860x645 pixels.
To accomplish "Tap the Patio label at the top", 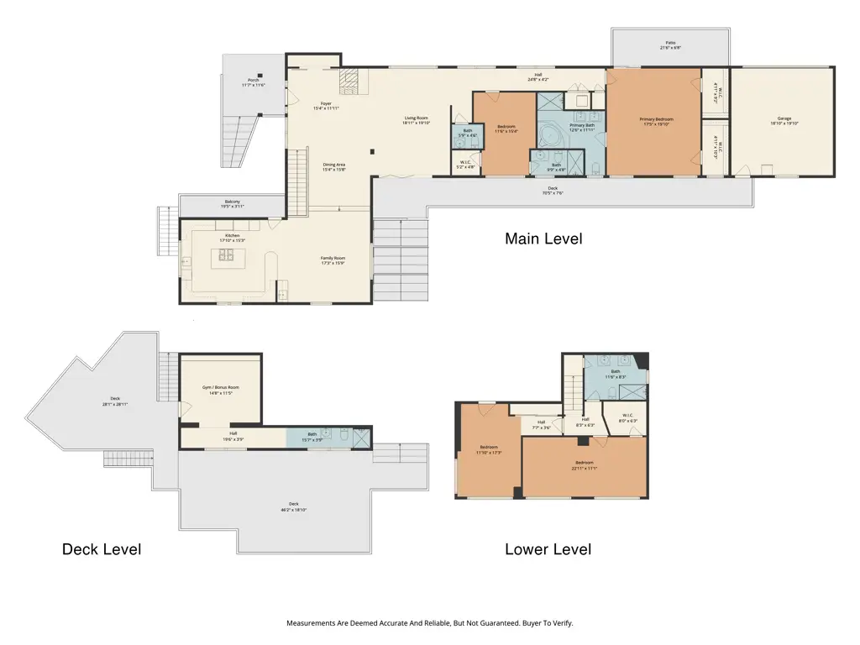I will (670, 45).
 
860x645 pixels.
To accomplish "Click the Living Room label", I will (416, 120).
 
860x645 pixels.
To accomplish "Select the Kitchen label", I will (232, 238).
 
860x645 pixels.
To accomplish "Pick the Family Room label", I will (333, 260).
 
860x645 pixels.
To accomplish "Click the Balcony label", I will (232, 203).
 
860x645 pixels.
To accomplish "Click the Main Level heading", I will (543, 239).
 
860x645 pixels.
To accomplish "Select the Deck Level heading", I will (102, 550).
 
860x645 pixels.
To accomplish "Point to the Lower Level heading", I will (548, 550).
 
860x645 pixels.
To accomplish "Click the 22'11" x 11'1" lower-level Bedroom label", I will (585, 465).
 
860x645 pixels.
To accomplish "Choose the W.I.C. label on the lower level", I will (628, 417).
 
